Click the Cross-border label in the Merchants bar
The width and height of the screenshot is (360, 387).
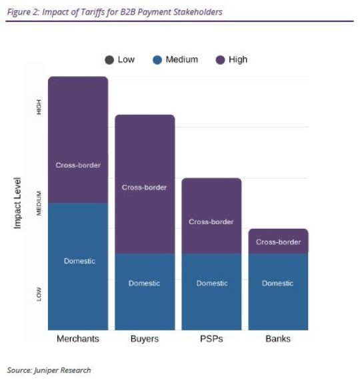point(78,165)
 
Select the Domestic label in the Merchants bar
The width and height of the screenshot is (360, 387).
point(79,261)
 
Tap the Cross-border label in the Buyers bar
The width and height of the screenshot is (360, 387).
point(144,187)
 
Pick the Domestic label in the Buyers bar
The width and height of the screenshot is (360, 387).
point(144,283)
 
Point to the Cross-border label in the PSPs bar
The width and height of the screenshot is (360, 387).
point(211,222)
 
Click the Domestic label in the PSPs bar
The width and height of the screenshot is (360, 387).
point(211,283)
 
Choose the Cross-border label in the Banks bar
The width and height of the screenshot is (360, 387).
point(278,242)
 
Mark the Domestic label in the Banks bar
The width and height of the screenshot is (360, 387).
point(277,283)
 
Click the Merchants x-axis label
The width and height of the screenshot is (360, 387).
point(78,339)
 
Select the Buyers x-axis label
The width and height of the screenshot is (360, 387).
point(144,339)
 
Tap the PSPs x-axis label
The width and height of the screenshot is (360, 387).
point(211,339)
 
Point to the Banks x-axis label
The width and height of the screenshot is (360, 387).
point(278,339)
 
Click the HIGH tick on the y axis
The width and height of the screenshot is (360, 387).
point(39,107)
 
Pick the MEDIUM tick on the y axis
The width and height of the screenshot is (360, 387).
point(39,203)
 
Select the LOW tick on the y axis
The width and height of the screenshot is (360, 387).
point(39,294)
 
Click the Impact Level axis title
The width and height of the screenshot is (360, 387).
point(18,203)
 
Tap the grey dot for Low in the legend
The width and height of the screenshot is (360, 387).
point(109,60)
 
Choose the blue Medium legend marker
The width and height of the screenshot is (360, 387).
point(157,60)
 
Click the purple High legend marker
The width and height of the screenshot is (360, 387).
point(220,60)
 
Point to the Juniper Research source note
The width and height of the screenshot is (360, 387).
point(49,370)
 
